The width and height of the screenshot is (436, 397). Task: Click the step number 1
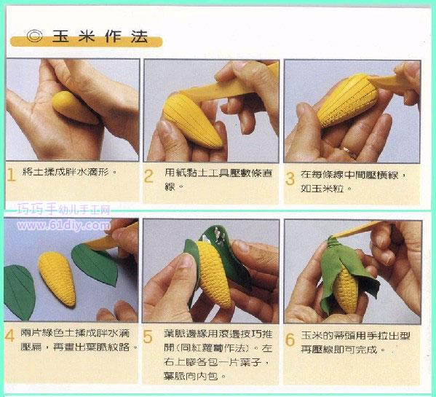pos(12,175)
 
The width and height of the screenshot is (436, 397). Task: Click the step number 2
pos(148,176)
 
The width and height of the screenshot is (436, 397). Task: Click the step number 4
pos(10,336)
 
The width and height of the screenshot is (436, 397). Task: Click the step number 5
pos(148,337)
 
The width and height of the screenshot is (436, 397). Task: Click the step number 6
pos(289,339)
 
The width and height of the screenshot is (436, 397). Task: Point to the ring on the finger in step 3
pos(350,152)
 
